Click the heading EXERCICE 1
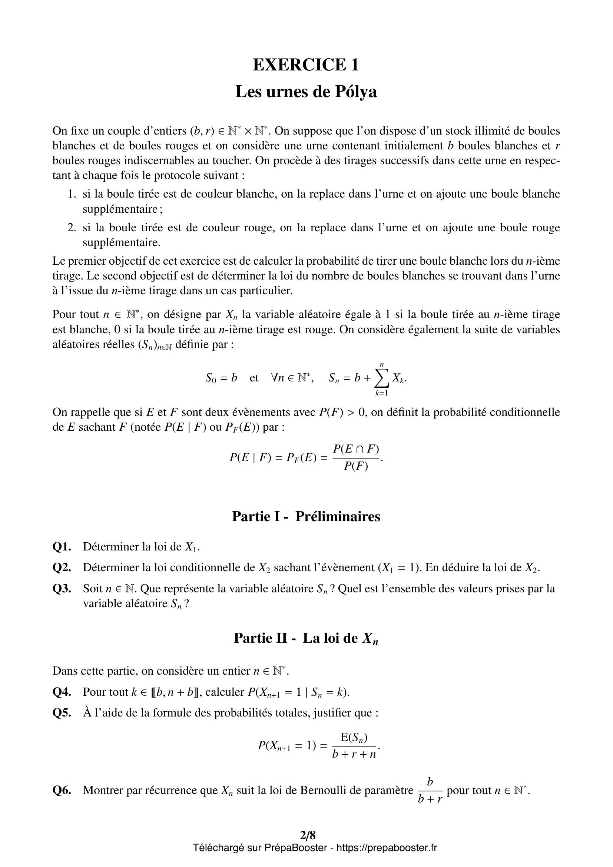[306, 64]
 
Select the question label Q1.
[62, 547]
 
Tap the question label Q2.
[62, 567]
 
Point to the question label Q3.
[62, 589]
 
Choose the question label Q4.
[62, 692]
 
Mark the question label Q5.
[62, 713]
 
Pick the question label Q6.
[62, 790]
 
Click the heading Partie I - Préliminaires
[306, 516]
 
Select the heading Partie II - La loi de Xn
[306, 638]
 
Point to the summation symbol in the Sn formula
[382, 379]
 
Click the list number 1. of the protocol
[72, 194]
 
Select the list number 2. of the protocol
[72, 228]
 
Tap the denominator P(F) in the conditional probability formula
[355, 467]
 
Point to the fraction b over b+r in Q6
[430, 790]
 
